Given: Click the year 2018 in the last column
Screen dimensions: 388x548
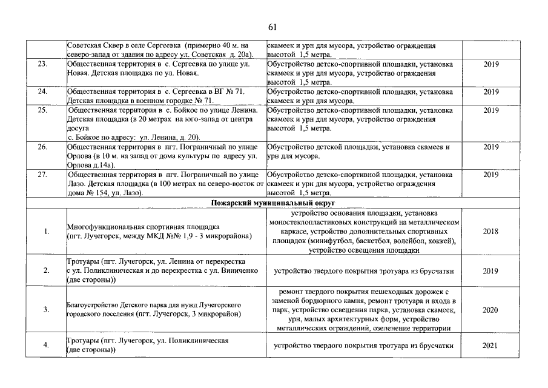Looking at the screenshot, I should point(490,232).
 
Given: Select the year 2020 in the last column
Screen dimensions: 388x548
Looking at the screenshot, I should point(490,310).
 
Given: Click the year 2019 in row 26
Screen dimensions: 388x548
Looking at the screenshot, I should point(490,147).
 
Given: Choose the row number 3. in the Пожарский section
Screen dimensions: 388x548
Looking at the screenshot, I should point(47,310).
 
